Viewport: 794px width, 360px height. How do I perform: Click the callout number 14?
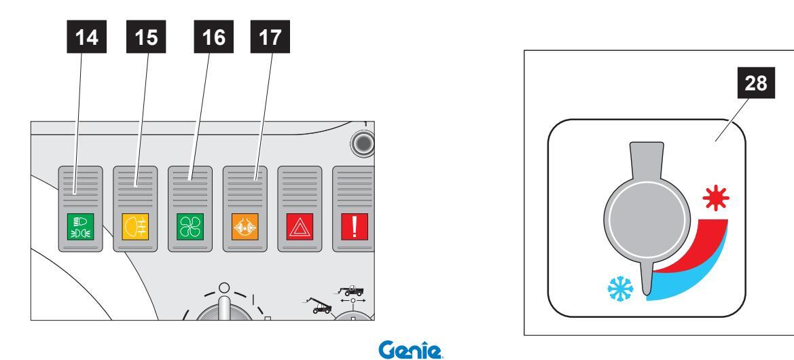86,37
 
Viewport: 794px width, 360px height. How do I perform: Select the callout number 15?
146,37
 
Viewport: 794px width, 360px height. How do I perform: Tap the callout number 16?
214,37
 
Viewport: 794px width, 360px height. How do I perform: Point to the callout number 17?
270,37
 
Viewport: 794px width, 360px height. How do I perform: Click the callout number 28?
755,83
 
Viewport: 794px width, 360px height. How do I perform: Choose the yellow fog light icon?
135,226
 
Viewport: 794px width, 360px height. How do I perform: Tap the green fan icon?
190,226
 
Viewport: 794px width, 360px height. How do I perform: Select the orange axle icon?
245,226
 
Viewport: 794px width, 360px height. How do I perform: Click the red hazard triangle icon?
300,226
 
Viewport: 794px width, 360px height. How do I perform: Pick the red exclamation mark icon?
355,226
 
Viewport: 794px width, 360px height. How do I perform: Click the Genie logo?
410,350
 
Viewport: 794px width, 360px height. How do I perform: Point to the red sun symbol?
716,198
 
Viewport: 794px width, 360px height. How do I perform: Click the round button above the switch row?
363,143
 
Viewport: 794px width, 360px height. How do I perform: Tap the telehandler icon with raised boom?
318,306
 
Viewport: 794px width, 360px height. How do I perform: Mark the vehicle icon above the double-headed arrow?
351,291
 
